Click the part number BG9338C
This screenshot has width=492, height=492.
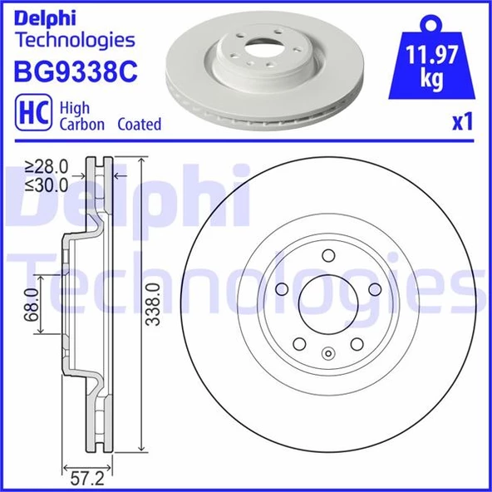point(75,71)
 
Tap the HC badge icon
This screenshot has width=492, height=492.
point(32,114)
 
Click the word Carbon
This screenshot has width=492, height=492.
point(81,125)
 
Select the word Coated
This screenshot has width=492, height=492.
point(140,125)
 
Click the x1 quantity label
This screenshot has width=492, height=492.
point(461,123)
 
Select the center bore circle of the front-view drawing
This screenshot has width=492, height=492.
point(327,305)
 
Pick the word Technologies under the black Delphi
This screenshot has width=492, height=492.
point(75,38)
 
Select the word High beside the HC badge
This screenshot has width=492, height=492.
point(75,108)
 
